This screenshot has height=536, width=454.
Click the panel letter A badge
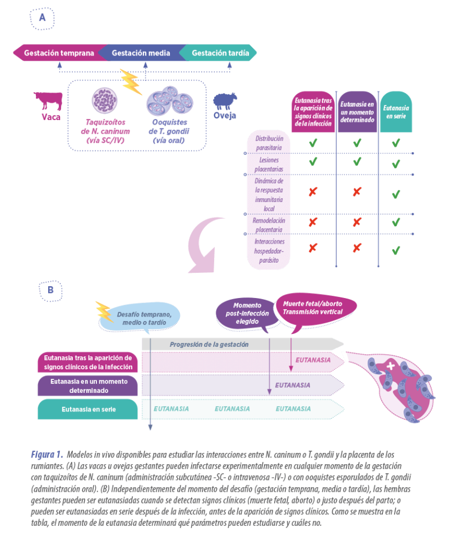[x=42, y=19]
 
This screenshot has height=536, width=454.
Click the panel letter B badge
[x=50, y=290]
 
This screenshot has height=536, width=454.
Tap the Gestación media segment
[x=141, y=53]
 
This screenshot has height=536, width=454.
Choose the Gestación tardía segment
[x=220, y=53]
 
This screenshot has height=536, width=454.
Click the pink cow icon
[x=49, y=101]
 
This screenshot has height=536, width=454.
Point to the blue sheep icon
[x=225, y=102]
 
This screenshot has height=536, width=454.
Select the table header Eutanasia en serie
[x=396, y=112]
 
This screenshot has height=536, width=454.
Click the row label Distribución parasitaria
[x=269, y=143]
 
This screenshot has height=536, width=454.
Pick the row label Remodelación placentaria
[x=269, y=225]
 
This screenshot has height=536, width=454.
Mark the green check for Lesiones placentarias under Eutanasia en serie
[x=396, y=164]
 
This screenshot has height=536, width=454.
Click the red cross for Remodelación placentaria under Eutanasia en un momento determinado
[x=356, y=222]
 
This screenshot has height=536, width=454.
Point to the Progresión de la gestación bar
[x=241, y=344]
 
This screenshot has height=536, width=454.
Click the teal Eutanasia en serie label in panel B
[x=87, y=409]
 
